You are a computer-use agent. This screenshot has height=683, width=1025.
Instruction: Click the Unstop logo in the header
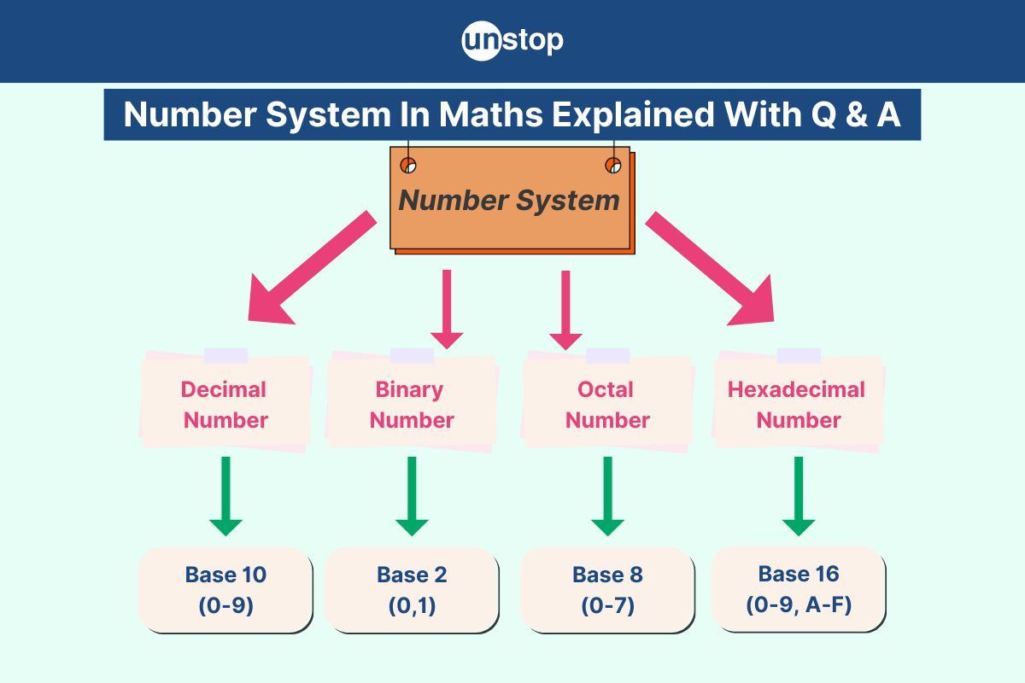click(x=512, y=41)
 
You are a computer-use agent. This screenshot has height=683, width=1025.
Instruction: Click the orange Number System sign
click(x=510, y=201)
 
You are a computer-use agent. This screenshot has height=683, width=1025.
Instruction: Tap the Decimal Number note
click(x=225, y=404)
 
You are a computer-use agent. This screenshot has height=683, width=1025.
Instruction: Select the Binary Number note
click(x=412, y=404)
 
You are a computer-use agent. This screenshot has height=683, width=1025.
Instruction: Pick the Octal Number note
click(x=606, y=404)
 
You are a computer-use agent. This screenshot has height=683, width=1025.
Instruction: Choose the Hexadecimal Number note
click(x=798, y=404)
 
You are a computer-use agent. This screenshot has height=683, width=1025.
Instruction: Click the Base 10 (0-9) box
click(x=225, y=590)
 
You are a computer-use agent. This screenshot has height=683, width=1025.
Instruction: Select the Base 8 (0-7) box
click(x=606, y=590)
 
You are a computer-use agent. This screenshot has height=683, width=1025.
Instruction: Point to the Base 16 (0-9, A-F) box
click(x=798, y=588)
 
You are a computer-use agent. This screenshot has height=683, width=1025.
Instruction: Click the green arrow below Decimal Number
click(x=225, y=496)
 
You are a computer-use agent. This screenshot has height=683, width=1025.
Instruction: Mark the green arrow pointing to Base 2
click(x=412, y=496)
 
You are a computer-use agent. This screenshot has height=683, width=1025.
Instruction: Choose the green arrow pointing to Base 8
click(x=607, y=496)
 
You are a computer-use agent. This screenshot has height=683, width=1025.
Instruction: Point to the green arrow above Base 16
click(x=799, y=496)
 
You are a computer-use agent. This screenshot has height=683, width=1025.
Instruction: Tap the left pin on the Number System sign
click(x=408, y=165)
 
